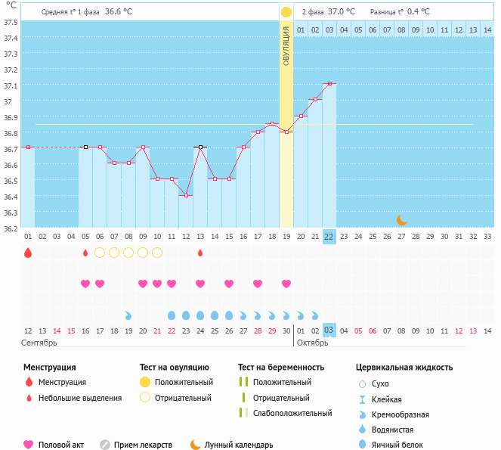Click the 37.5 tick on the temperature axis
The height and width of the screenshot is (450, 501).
coord(11,22)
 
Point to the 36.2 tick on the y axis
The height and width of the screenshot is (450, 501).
coord(11,228)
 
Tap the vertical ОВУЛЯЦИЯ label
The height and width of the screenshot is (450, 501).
coord(286,45)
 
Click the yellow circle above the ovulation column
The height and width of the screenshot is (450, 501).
coord(286,12)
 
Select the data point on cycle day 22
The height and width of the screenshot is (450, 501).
coord(329,83)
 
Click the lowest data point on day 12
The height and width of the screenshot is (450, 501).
coord(186,195)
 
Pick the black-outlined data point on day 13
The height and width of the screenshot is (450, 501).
coord(200,147)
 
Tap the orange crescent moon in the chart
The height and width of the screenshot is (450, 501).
coord(402,220)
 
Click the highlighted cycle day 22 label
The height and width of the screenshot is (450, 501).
coord(329,236)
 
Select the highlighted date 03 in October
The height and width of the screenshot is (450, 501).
coord(329,331)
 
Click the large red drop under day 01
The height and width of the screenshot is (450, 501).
coord(28,253)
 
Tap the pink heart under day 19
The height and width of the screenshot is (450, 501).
coord(286,284)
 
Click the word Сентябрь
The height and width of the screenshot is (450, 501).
coord(39,343)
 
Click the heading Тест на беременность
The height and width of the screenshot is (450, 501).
coord(280,368)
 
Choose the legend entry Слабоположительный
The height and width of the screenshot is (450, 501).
coord(292,413)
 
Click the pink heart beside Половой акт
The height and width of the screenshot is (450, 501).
coord(29,445)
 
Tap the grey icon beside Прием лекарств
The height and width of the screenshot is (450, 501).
coord(105,445)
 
